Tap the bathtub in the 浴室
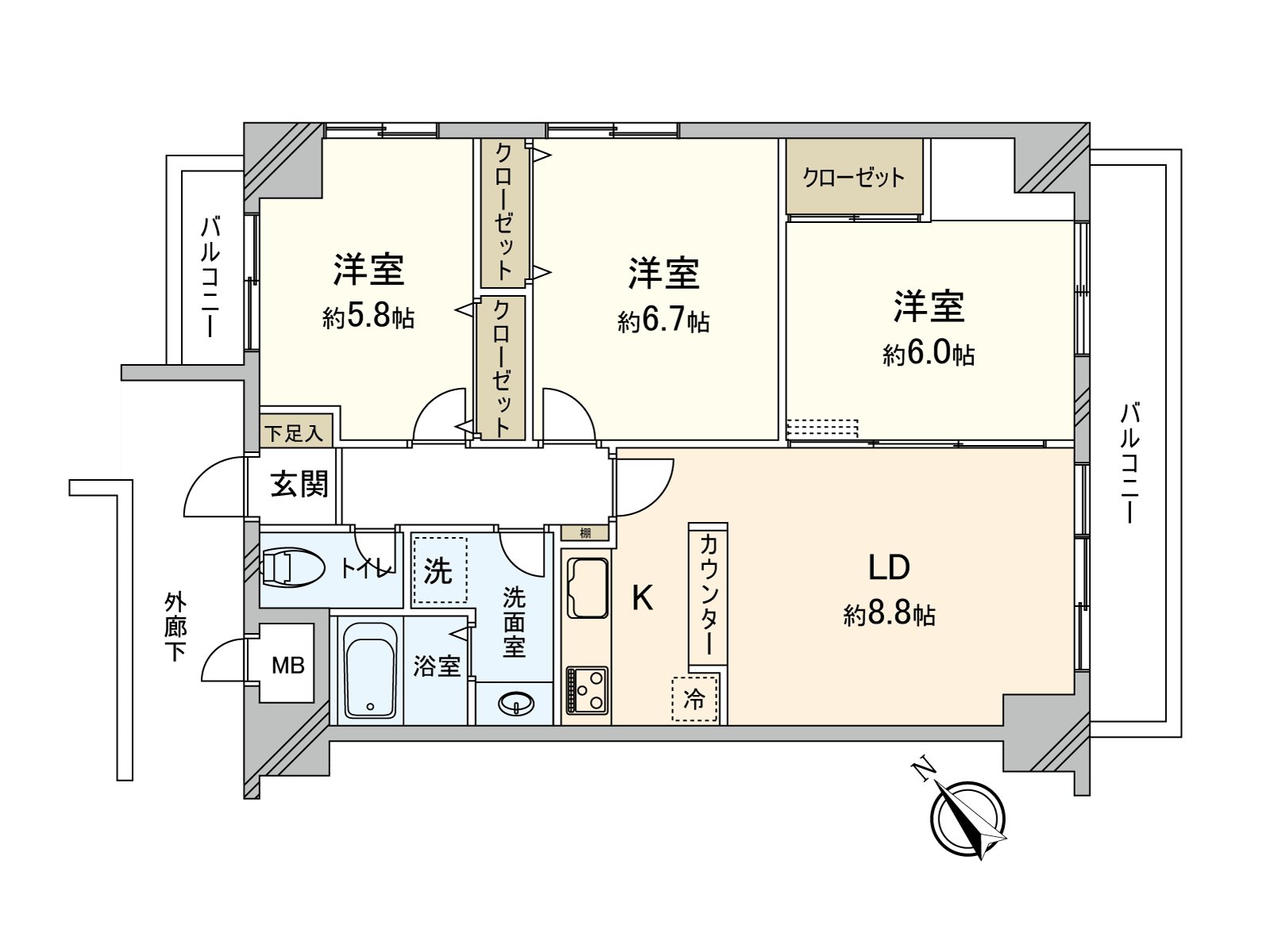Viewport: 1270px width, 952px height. pos(370,671)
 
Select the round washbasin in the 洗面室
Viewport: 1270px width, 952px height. pos(514,703)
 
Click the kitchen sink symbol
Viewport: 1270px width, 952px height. pos(587,588)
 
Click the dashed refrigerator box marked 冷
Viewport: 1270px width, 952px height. pos(695,699)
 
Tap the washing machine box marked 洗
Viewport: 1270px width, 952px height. pos(439,570)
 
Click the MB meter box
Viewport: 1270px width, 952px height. pos(287,665)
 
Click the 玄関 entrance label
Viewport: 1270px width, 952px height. pos(299,483)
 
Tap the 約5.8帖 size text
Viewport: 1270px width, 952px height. pos(368,317)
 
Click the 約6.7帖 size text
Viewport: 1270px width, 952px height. pos(664,321)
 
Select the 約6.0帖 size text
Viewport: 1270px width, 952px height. pos(929,354)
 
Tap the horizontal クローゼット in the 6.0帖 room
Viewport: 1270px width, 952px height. pos(854,177)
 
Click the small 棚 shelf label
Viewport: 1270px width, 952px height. pos(586,533)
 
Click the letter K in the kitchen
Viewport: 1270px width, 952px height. pos(642,598)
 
